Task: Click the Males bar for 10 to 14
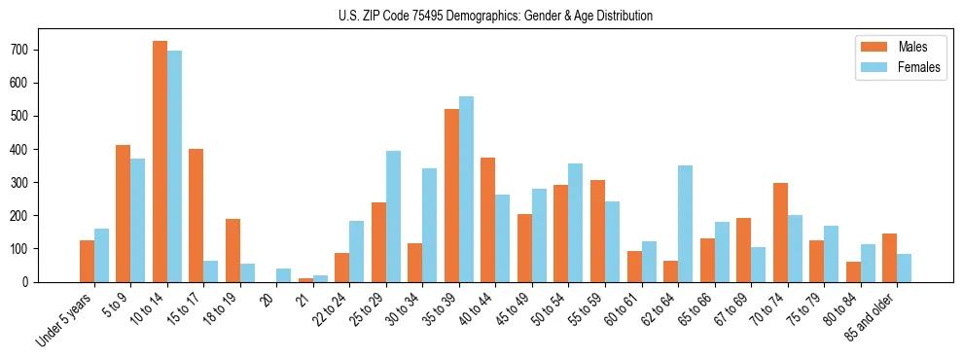[160, 162]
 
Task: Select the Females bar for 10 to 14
[174, 166]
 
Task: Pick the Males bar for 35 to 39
[451, 196]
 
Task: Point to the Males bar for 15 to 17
[196, 215]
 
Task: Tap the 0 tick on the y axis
[33, 282]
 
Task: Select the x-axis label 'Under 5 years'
[66, 318]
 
